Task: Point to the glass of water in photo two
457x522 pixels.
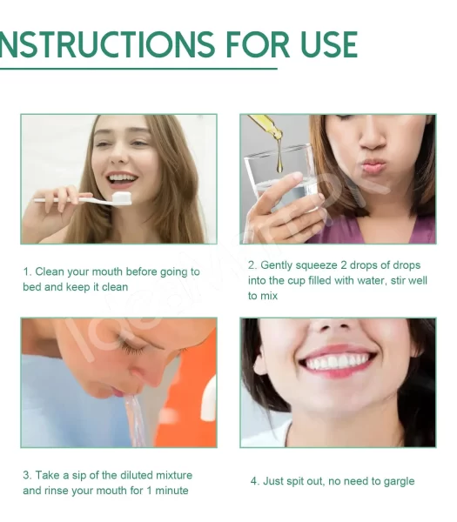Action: (279, 183)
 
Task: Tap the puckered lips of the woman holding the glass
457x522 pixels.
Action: (373, 164)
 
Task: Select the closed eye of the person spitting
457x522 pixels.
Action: (131, 349)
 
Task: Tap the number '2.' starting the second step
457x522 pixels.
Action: (252, 265)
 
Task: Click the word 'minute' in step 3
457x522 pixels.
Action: (171, 491)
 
